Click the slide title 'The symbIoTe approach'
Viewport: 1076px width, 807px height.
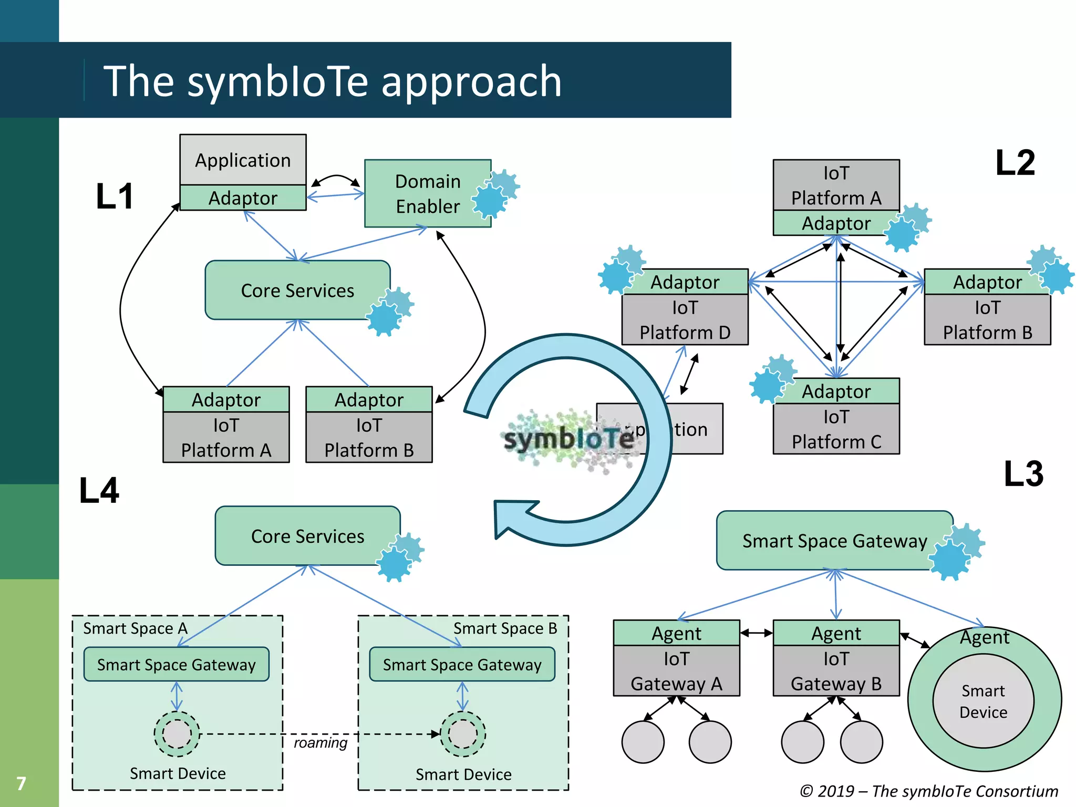coord(332,81)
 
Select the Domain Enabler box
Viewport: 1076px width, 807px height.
coord(427,193)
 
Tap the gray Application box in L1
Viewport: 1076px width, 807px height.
coord(243,160)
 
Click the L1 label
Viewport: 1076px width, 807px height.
coord(115,196)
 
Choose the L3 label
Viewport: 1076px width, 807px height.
coord(1023,473)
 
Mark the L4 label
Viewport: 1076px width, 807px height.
coord(99,491)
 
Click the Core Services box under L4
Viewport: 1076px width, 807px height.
coord(307,536)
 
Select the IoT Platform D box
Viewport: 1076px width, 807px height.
coord(685,319)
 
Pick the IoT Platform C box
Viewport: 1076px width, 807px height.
coord(836,429)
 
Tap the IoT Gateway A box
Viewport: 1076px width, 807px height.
coord(676,671)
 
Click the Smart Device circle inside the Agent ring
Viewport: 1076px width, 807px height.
coord(983,701)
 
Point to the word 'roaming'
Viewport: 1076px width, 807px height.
coord(320,742)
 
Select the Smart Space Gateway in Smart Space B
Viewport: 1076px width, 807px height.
coord(462,665)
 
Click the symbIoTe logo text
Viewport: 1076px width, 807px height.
coord(568,438)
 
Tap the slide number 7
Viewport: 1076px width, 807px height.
coord(21,783)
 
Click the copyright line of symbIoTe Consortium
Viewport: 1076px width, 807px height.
coord(928,791)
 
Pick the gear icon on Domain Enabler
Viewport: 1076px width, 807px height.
coord(494,193)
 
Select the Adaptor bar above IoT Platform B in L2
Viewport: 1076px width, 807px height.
coord(987,282)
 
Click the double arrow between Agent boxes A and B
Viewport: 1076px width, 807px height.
coord(756,633)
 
